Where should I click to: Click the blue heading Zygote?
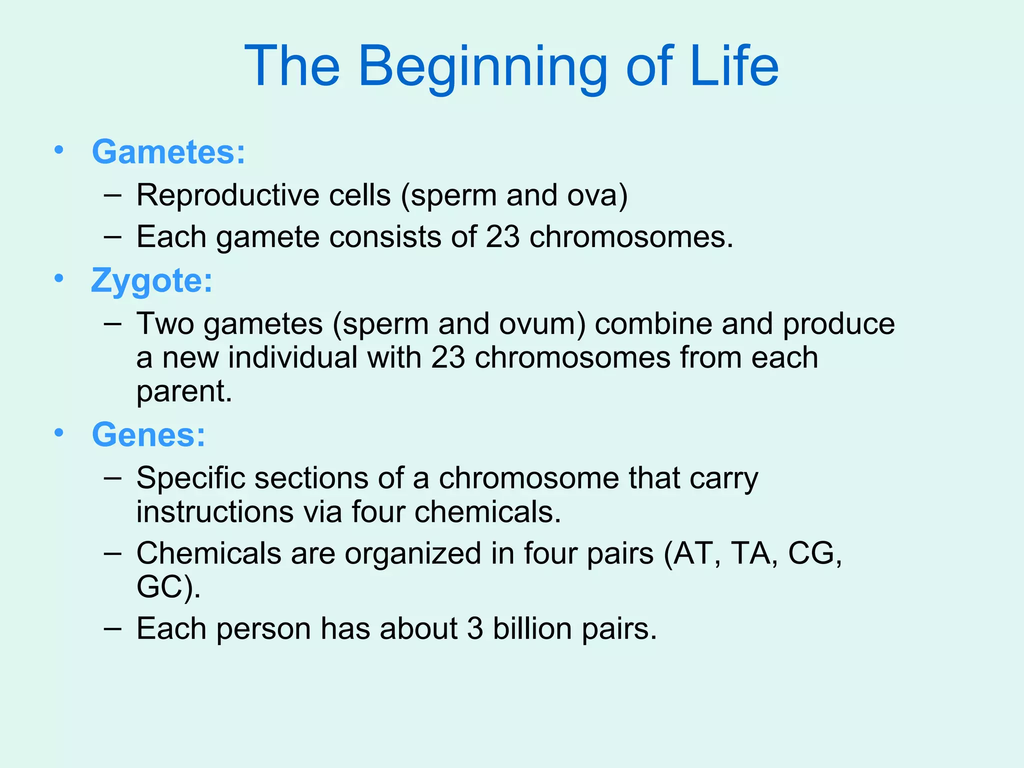151,280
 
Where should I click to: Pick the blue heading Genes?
148,434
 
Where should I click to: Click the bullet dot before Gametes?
59,150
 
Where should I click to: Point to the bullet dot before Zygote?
59,278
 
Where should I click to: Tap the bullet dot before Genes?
59,433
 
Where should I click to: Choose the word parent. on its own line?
184,391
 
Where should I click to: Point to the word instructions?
214,512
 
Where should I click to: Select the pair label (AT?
692,553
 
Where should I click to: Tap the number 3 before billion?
475,628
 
